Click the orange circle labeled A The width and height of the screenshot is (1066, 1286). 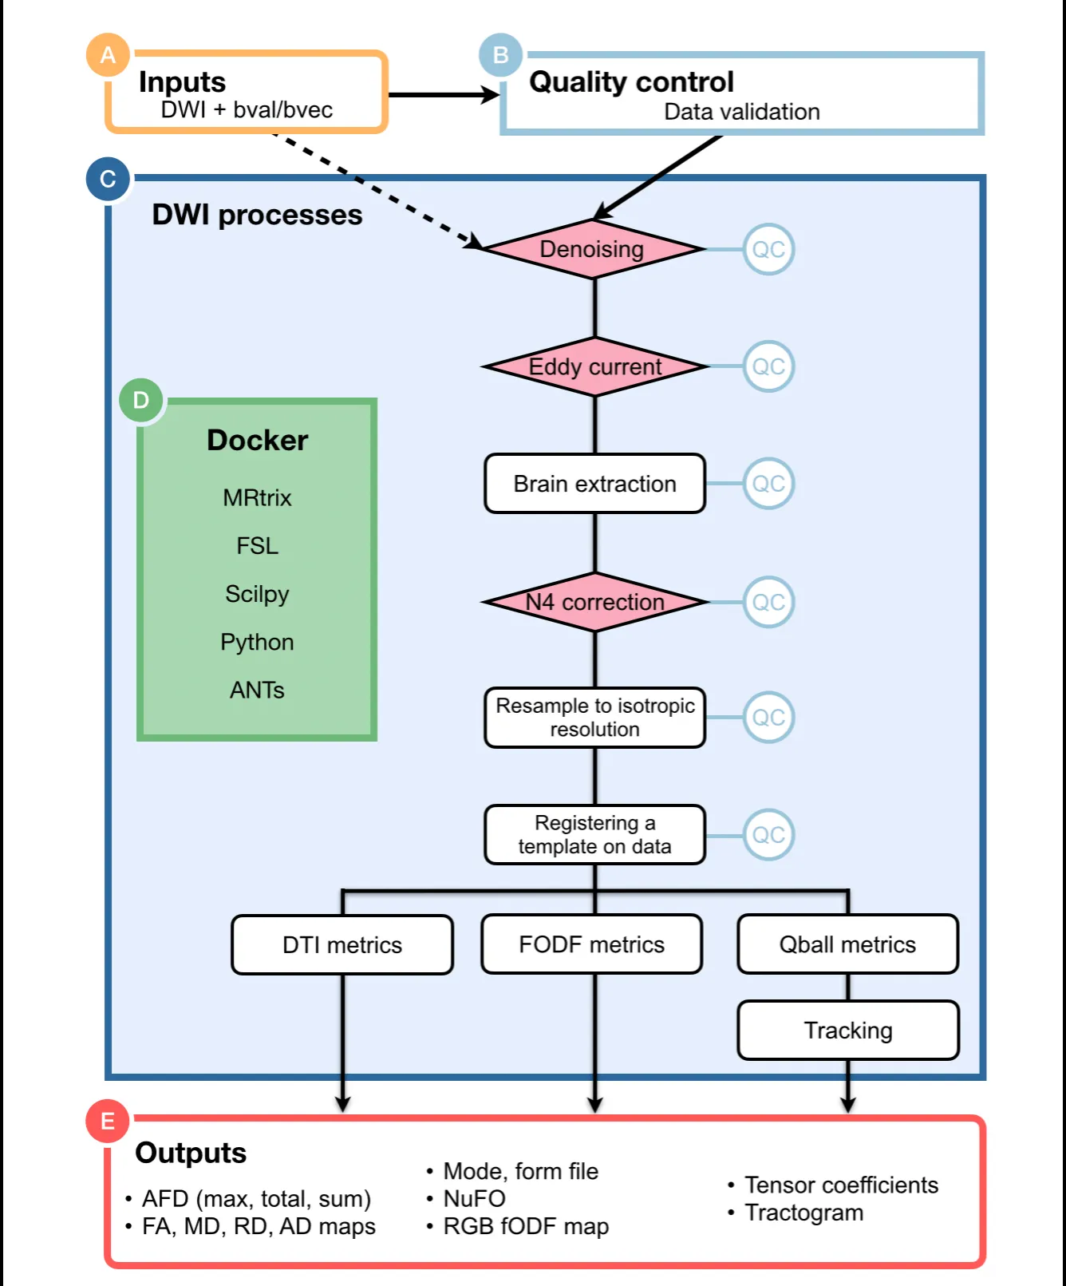pos(108,55)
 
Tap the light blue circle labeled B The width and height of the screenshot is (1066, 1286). pos(501,55)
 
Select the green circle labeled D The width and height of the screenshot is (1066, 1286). pos(141,400)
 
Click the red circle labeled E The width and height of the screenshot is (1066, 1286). pos(108,1122)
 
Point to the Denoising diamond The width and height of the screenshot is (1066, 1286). pos(593,249)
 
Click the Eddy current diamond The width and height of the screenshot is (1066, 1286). pos(594,366)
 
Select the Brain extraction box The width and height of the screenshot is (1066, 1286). pos(594,484)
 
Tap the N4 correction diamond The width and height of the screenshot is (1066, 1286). pos(594,602)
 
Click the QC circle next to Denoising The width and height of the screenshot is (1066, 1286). pos(768,249)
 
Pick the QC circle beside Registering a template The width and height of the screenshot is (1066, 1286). pos(768,835)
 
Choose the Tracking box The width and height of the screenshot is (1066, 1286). pos(847,1031)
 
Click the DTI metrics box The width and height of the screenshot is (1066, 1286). pos(342,945)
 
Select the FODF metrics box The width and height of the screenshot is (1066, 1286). pos(591,944)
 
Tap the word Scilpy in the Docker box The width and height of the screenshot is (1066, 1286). pos(257,594)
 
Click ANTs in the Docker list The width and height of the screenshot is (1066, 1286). pos(257,690)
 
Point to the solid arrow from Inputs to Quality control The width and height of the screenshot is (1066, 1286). pos(443,95)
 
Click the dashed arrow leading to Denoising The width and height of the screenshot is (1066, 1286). pos(375,190)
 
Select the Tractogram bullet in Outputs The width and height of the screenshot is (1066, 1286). pos(803,1213)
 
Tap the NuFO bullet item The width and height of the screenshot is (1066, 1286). pos(474,1198)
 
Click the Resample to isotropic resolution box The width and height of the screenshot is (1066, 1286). pos(594,718)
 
